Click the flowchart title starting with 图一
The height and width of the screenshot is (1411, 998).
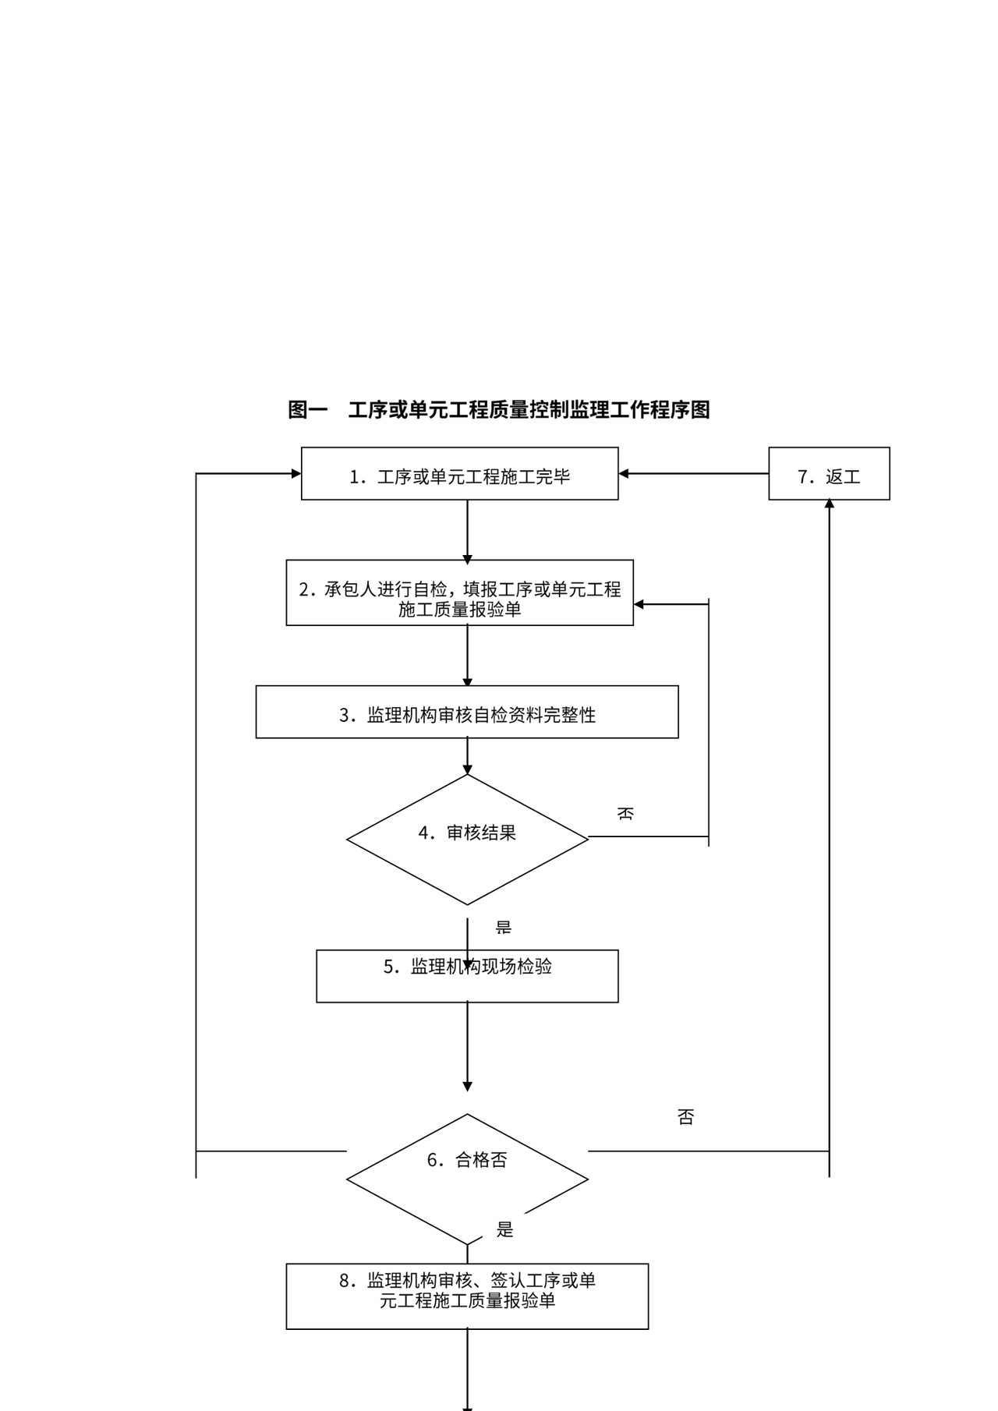tap(499, 410)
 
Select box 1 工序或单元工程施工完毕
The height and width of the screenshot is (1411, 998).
tap(459, 474)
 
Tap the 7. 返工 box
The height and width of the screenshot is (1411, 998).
tap(829, 474)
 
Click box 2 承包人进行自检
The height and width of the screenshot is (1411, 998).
tap(459, 593)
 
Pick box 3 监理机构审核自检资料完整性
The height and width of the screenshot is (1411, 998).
tap(467, 713)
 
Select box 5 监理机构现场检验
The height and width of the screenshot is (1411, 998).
tap(467, 976)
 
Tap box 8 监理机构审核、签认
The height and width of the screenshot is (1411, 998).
tap(467, 1296)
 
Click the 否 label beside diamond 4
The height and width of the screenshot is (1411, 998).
tap(625, 814)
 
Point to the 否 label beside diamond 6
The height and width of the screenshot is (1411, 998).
tap(685, 1117)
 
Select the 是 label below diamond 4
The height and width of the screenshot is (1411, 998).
tap(504, 928)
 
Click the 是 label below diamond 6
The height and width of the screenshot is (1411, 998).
tap(505, 1229)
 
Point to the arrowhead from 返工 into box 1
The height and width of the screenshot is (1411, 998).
tap(624, 473)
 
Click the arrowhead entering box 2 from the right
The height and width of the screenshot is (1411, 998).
tap(639, 604)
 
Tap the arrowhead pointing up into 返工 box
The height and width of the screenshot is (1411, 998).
tap(829, 504)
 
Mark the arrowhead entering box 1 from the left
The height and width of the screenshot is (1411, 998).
tap(296, 473)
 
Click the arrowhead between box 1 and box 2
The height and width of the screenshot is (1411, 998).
tap(467, 559)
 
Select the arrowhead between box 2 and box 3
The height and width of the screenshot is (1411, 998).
tap(467, 685)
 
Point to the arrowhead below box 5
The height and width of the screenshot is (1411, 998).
tap(467, 1086)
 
